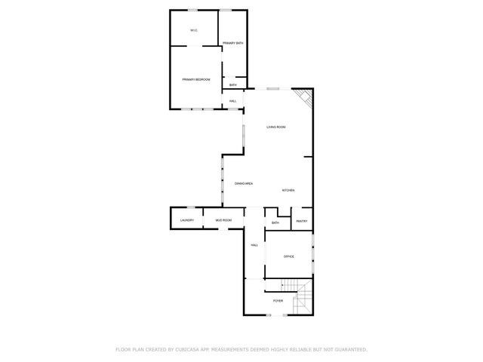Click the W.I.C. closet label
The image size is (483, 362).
tap(194, 30)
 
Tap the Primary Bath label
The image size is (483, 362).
tap(232, 43)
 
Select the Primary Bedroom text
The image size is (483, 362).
tap(195, 79)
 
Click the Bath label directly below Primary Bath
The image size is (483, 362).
tap(233, 84)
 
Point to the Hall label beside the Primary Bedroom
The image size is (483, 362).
tap(233, 100)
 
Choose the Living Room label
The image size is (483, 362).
tap(275, 127)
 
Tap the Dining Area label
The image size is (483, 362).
tap(243, 184)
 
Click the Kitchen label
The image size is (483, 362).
tap(288, 190)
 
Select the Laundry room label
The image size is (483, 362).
tap(186, 220)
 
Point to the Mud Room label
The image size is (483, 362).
tap(223, 220)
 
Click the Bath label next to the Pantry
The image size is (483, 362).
tap(275, 222)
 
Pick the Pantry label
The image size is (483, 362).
tap(302, 221)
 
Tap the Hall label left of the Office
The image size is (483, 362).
tap(254, 245)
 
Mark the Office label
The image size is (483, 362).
tap(288, 256)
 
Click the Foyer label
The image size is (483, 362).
tap(278, 301)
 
